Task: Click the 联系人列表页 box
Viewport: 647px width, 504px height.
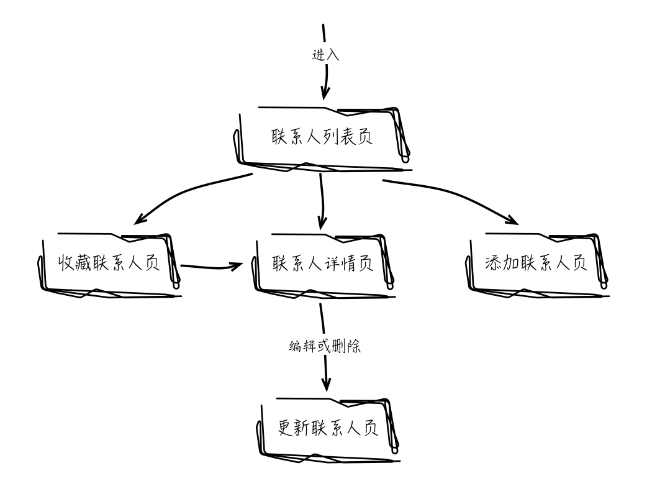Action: [x=322, y=137]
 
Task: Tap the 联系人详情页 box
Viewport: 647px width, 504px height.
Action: [x=322, y=263]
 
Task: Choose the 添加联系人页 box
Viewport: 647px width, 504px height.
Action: [x=535, y=263]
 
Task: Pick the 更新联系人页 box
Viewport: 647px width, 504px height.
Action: [x=327, y=429]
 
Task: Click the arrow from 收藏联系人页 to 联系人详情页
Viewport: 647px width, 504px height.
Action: [x=211, y=268]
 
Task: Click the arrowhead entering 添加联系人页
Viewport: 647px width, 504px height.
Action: [x=513, y=219]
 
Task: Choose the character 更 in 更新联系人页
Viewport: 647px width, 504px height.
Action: [x=286, y=429]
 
